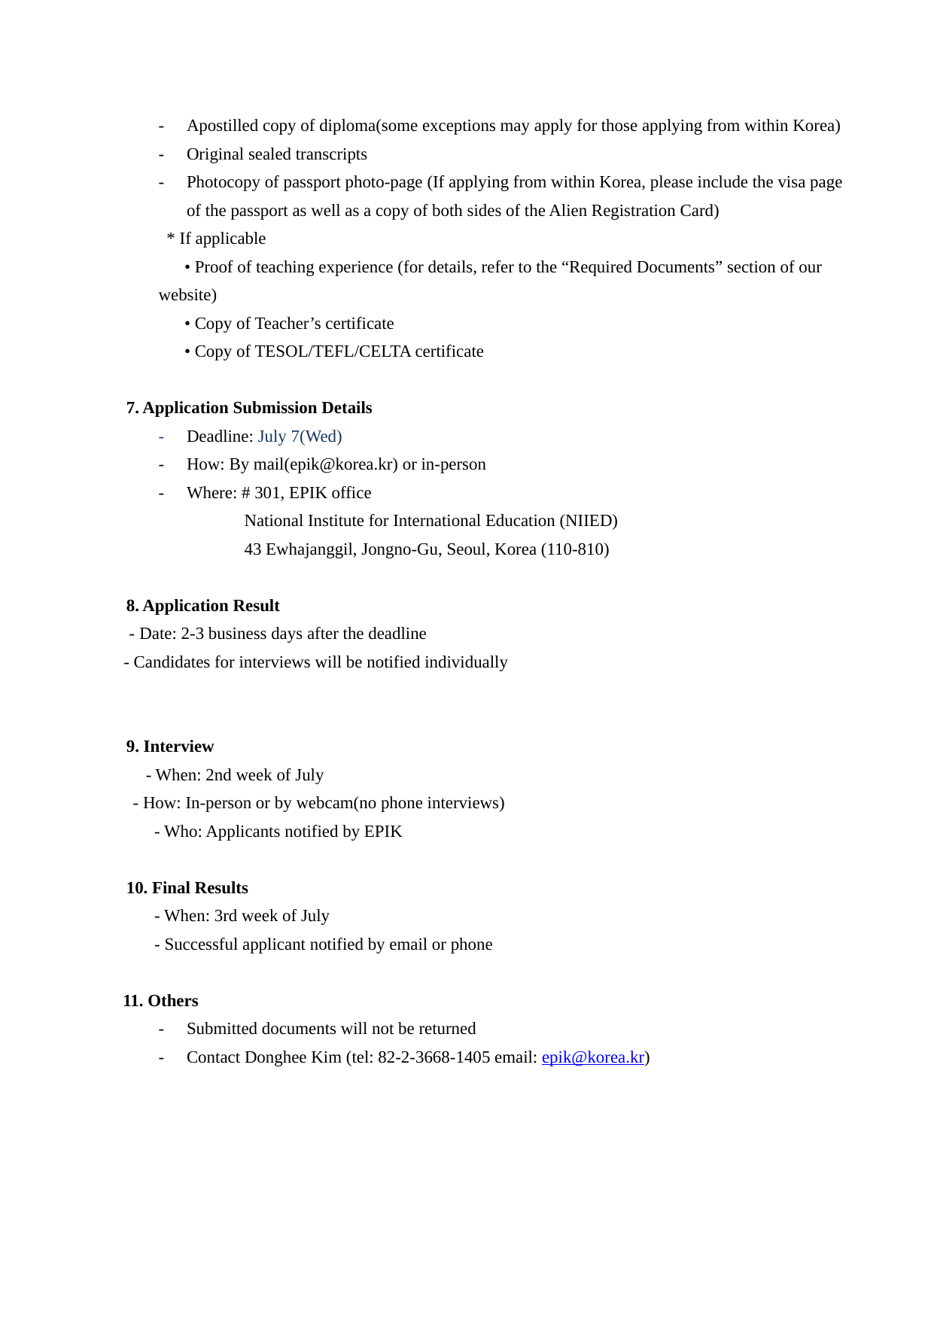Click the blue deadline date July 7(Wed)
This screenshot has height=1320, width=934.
[300, 436]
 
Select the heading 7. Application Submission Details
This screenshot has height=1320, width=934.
[249, 408]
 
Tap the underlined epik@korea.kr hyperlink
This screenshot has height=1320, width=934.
[592, 1057]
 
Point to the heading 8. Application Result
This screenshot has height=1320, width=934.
[202, 606]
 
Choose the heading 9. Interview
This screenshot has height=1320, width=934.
[170, 747]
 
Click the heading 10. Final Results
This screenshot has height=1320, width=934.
[187, 888]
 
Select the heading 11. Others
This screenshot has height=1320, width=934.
[160, 1001]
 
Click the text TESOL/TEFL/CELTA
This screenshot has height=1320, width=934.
[333, 351]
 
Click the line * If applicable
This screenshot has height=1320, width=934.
[216, 239]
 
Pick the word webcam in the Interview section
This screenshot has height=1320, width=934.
[324, 803]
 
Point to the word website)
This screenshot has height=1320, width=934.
[187, 295]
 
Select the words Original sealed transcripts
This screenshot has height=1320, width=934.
[276, 154]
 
